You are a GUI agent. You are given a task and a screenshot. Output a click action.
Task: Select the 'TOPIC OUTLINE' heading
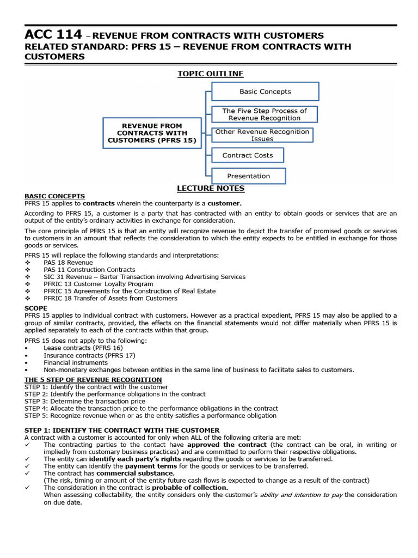210,74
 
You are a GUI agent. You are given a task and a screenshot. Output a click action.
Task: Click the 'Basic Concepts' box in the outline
265,92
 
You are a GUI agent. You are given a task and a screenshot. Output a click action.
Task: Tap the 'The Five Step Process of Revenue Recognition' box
264,114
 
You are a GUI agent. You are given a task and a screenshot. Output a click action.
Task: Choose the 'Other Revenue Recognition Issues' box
262,135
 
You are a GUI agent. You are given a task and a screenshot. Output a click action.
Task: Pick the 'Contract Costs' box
247,155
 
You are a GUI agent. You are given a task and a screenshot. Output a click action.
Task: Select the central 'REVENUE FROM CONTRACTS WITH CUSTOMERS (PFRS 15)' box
152,133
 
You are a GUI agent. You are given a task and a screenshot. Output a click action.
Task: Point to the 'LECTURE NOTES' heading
210,189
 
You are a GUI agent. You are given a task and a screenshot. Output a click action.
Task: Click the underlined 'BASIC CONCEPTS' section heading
54,196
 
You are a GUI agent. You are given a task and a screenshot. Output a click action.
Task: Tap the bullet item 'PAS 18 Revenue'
69,262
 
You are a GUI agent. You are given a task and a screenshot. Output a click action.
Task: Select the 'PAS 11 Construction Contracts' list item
89,270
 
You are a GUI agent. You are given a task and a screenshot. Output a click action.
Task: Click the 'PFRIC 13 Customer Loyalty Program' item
98,284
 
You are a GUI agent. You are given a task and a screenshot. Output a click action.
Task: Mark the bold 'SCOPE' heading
36,308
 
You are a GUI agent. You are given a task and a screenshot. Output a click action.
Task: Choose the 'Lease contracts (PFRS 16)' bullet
83,348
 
